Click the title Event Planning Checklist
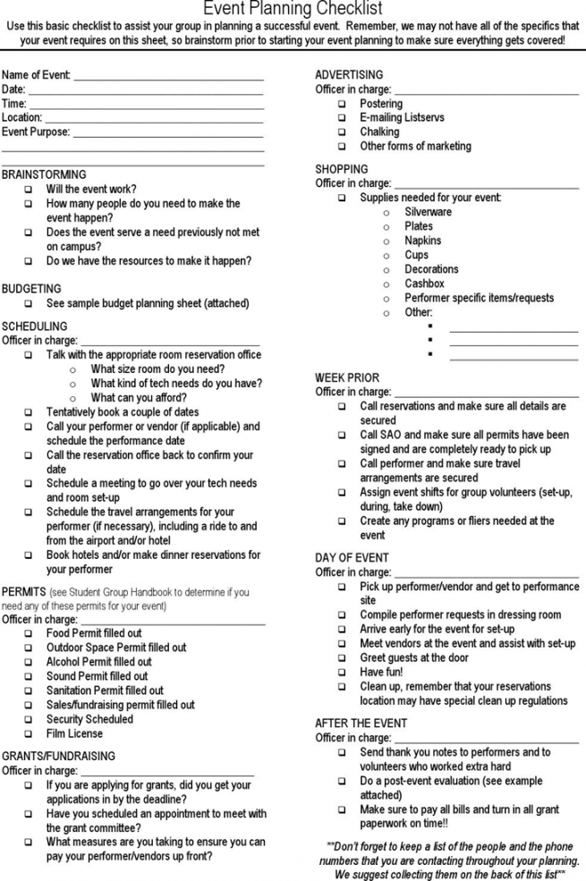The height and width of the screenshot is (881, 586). point(293,9)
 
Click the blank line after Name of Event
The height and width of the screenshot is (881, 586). point(168,77)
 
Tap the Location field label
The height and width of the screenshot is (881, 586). point(21,117)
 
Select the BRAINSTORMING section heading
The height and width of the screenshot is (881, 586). point(44,174)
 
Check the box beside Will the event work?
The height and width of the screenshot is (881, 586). point(29,190)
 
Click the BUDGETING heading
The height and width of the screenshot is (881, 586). point(31,289)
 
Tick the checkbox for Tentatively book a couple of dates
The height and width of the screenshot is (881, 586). point(29,412)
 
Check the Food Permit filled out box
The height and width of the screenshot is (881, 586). point(29,633)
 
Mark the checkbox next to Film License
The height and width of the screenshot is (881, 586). point(29,733)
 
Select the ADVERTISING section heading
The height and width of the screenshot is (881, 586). point(349,75)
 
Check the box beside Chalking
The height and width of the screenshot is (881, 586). point(342,132)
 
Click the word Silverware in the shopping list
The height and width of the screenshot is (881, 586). point(428,212)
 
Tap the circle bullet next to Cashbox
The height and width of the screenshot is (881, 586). point(386,284)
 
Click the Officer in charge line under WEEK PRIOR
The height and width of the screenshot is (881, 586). point(486,394)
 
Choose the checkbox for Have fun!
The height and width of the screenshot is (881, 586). point(342,673)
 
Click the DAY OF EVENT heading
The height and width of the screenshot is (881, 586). point(352,558)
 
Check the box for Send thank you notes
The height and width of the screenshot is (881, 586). point(342,753)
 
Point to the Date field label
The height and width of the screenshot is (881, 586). point(13,89)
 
